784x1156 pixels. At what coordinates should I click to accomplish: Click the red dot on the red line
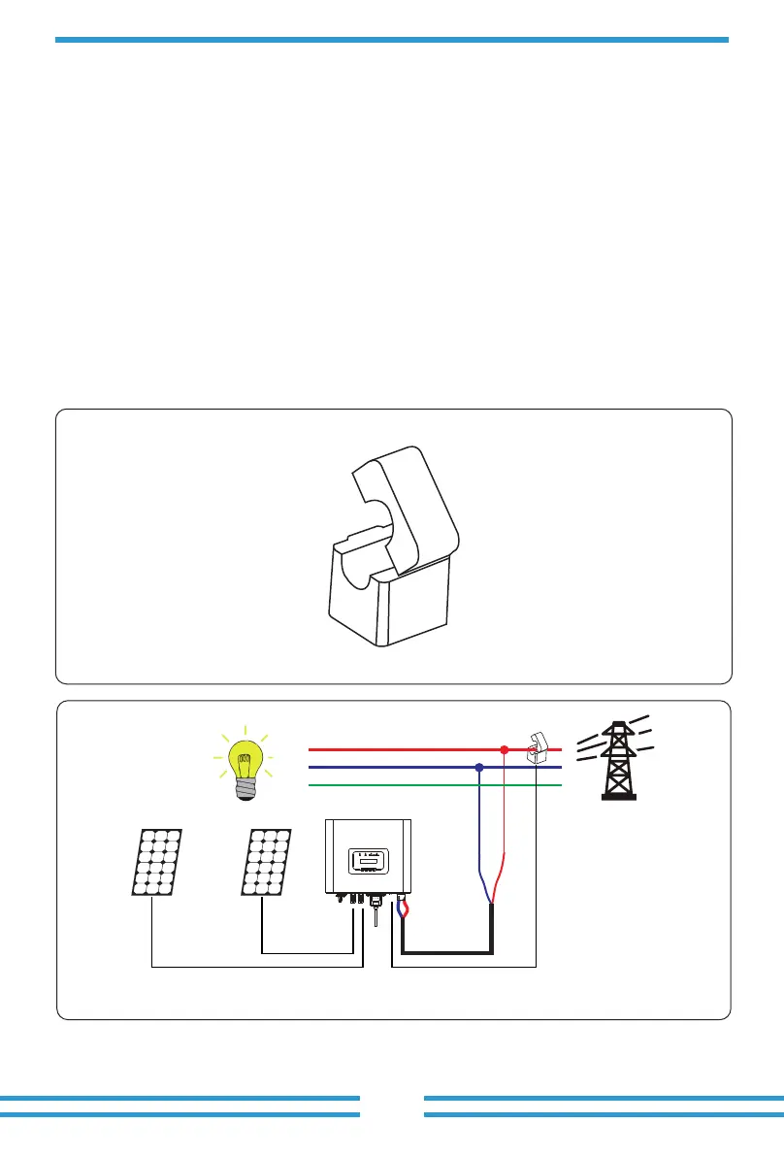504,750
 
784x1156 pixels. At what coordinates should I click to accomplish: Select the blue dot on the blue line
479,768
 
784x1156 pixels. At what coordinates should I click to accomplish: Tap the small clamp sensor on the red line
536,749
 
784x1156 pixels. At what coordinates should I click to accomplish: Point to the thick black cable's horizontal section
446,952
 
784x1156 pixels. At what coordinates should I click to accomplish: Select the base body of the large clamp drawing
388,602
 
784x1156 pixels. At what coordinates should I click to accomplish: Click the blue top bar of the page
391,40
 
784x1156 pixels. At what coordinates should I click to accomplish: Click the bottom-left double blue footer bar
180,1106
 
